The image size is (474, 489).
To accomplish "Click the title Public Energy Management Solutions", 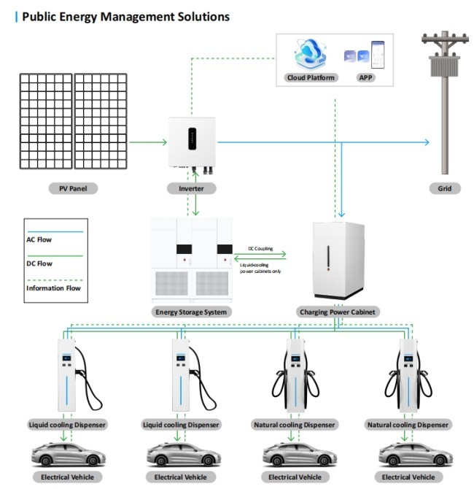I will [x=125, y=16].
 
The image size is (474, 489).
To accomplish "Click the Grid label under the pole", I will [x=445, y=188].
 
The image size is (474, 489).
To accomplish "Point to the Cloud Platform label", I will [x=311, y=77].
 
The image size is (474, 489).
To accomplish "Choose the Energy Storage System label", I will [x=193, y=312].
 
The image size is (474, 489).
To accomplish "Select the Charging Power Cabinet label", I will [x=339, y=312].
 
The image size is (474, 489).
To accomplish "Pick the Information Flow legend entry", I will [x=54, y=288].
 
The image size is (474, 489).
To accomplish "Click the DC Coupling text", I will [x=260, y=249].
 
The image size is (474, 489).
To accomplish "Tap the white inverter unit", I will [x=193, y=142].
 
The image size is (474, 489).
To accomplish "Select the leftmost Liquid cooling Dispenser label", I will [x=68, y=424].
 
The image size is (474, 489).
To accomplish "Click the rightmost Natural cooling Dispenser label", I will [x=409, y=424].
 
